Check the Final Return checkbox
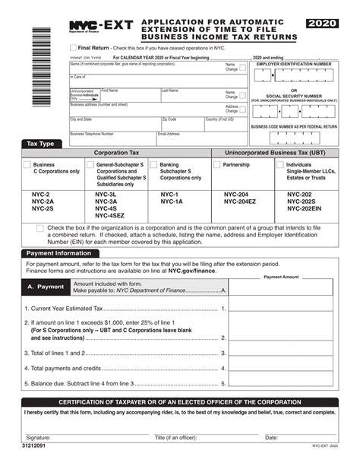(x=72, y=47)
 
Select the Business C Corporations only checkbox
(x=27, y=164)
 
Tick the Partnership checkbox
(x=216, y=164)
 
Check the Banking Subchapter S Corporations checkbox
(x=153, y=164)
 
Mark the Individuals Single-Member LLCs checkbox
(x=280, y=164)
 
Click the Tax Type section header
(x=40, y=144)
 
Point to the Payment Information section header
(x=58, y=253)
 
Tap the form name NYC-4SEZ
(x=109, y=215)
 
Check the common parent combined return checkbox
(x=39, y=228)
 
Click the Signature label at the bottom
(x=39, y=438)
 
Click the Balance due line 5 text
(x=79, y=384)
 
